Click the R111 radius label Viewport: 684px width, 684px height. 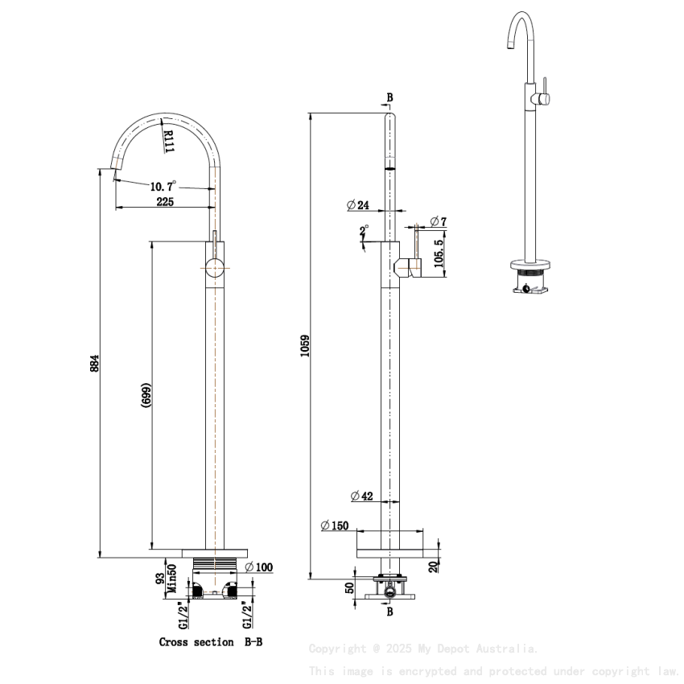tap(168, 141)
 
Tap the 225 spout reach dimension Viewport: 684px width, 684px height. tap(165, 202)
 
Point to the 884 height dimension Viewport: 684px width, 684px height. tap(94, 364)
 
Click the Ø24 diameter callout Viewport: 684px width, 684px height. tap(358, 205)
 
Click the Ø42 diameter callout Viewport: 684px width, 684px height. tap(362, 497)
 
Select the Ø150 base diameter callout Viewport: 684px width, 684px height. tap(334, 525)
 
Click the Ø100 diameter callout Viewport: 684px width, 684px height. tap(258, 567)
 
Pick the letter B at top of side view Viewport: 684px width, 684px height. tap(389, 97)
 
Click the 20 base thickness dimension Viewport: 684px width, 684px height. tap(434, 567)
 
